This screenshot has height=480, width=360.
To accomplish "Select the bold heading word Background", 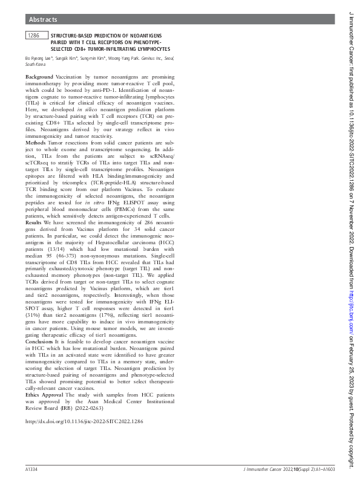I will tap(39, 78).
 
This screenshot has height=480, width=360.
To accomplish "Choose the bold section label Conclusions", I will tap(39, 342).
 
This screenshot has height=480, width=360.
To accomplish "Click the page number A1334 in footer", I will tap(33, 469).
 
